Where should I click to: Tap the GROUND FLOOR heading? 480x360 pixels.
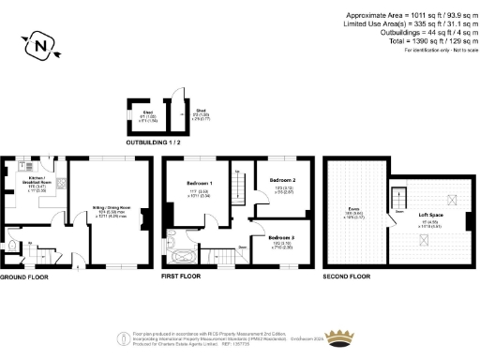pyautogui.click(x=26, y=277)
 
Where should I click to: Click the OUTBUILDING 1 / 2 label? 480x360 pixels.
pyautogui.click(x=154, y=142)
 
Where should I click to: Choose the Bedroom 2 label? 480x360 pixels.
pyautogui.click(x=283, y=179)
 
